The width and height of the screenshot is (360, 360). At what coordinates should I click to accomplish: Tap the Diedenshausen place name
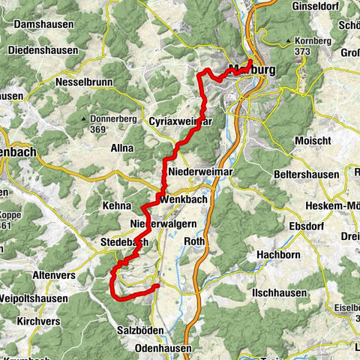[x=43, y=50]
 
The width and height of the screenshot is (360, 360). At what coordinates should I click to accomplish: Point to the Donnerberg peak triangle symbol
[x=84, y=118]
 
